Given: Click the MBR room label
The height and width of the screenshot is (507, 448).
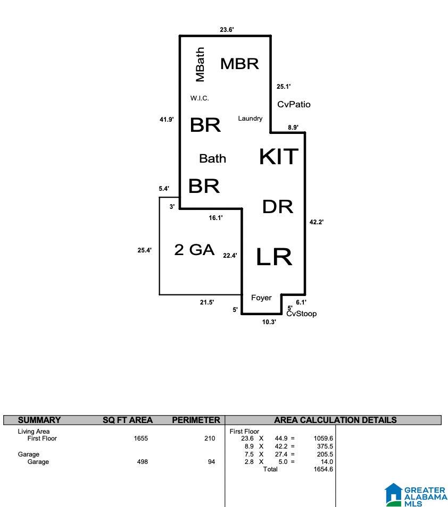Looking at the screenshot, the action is (239, 64).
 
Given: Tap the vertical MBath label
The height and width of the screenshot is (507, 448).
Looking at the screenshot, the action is (200, 64).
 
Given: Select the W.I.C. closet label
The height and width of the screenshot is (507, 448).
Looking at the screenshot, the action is (200, 98).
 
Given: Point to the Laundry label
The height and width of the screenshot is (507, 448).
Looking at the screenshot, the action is (250, 119).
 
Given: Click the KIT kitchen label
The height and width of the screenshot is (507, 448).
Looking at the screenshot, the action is (279, 156).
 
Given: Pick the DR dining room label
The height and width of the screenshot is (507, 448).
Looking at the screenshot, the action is (278, 207).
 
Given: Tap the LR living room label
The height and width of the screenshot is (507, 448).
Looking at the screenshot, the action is (274, 257).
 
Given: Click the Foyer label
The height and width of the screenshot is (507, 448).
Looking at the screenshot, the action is (261, 298).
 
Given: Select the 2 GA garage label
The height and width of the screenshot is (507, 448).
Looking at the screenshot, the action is (194, 250).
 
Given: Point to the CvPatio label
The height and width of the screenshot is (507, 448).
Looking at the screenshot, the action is (294, 104).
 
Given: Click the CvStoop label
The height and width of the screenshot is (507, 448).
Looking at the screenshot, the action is (302, 314).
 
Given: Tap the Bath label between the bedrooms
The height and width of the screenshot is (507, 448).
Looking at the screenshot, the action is (212, 158).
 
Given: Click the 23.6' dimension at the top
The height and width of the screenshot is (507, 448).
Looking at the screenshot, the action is (227, 30).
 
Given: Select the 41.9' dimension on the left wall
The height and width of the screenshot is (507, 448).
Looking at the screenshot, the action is (167, 120).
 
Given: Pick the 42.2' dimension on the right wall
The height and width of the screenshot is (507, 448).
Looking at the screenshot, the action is (317, 222).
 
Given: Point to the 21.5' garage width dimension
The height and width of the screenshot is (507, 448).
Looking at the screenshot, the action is (207, 302).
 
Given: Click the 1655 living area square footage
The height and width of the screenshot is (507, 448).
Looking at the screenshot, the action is (141, 438).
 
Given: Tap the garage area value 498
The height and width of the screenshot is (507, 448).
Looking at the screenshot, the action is (143, 462).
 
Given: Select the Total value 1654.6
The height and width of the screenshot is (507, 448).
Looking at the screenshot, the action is (323, 469).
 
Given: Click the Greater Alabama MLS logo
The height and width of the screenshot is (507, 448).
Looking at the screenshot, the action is (416, 495).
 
